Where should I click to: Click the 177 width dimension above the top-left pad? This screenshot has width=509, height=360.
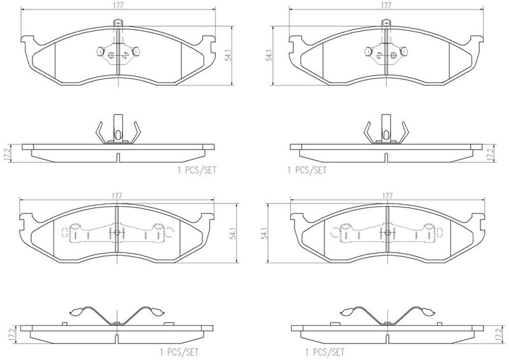pos(118,6)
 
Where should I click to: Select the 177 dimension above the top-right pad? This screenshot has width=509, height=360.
pos(386,6)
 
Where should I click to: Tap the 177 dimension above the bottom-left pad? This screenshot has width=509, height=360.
pos(117,196)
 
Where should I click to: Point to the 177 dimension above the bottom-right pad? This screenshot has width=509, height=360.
pos(387,196)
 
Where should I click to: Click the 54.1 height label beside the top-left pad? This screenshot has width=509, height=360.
pos(228,56)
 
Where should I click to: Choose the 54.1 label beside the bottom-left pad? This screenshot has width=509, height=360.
pos(233,233)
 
